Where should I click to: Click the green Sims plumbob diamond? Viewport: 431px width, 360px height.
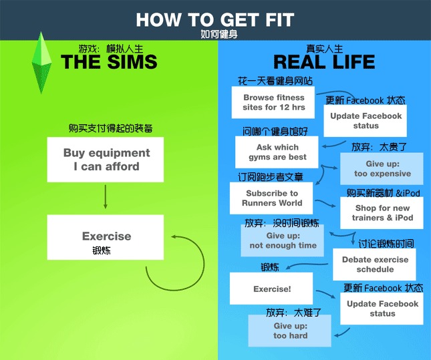(x=41, y=63)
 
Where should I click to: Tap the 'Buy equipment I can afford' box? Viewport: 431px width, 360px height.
(x=106, y=160)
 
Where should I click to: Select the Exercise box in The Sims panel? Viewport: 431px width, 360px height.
(x=106, y=237)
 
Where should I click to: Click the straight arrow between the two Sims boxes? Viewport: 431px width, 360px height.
(x=106, y=197)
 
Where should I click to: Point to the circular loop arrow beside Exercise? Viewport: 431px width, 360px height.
(x=204, y=264)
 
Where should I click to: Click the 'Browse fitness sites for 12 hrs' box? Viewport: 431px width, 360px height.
(x=273, y=102)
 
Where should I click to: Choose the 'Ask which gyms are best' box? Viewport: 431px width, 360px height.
(x=277, y=152)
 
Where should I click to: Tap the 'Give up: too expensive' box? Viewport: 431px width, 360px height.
(x=382, y=168)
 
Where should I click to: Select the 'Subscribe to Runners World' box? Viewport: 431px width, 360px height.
(x=271, y=198)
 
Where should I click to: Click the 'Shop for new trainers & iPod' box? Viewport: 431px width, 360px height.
(x=382, y=213)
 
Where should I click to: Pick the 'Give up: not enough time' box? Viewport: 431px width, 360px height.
(x=282, y=240)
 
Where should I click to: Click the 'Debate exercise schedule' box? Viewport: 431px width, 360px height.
(x=374, y=264)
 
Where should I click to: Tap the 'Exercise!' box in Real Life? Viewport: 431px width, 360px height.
(x=271, y=289)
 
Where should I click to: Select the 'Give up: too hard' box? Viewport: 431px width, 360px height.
(x=290, y=331)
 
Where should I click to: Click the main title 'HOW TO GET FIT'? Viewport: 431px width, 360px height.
(x=215, y=20)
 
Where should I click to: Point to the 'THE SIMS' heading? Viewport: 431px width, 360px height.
(x=109, y=61)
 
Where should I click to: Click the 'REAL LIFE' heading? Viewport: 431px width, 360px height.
(x=324, y=61)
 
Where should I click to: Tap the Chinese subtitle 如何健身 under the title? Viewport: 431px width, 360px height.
(x=219, y=34)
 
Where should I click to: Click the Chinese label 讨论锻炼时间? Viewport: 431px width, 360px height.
(x=386, y=244)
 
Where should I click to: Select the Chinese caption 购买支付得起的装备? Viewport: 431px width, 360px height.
(x=110, y=128)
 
